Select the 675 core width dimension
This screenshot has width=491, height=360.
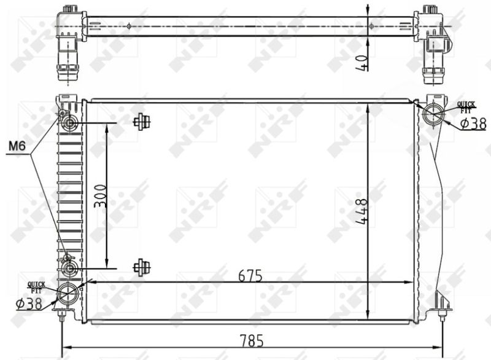pyautogui.click(x=251, y=276)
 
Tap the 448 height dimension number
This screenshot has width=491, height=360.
pyautogui.click(x=361, y=211)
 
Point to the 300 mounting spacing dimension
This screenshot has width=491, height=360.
pyautogui.click(x=101, y=196)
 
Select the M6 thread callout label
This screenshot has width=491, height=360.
pyautogui.click(x=17, y=147)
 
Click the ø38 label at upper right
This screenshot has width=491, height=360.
pyautogui.click(x=473, y=124)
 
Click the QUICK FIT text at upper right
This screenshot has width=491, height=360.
pyautogui.click(x=466, y=106)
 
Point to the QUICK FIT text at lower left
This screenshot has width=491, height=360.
pyautogui.click(x=36, y=286)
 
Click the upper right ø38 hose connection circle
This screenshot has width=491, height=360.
pyautogui.click(x=435, y=114)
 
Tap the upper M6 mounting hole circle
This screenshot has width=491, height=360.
pyautogui.click(x=68, y=124)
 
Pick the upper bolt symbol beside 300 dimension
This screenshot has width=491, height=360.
pyautogui.click(x=142, y=122)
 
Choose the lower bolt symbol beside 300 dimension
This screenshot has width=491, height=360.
pyautogui.click(x=142, y=267)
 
